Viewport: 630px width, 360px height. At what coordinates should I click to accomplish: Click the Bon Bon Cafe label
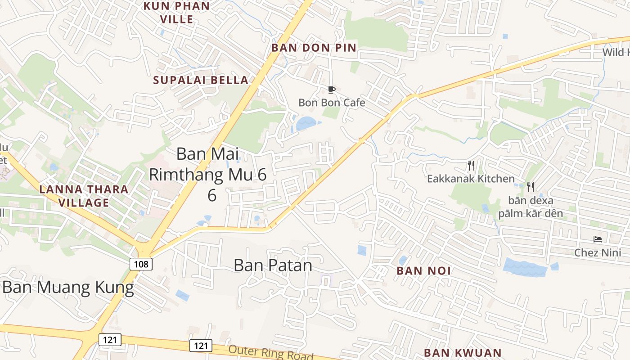pos(332,103)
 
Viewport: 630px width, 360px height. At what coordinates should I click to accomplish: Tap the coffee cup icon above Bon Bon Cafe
pos(332,90)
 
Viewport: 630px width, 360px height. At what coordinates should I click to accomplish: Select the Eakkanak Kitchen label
pos(471,179)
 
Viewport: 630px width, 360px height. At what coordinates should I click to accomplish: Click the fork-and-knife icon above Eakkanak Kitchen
pos(471,166)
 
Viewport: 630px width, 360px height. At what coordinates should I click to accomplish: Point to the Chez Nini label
pos(597,252)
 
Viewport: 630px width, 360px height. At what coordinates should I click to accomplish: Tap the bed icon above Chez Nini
pos(598,239)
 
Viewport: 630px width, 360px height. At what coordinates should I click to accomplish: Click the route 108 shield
pos(141,264)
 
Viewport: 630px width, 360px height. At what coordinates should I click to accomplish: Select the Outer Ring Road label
pos(270,352)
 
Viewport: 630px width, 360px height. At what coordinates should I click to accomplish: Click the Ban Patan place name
pos(273,265)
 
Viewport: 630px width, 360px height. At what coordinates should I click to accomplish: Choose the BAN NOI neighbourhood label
pos(423,270)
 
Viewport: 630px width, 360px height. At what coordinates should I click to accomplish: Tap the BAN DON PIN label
pos(314,48)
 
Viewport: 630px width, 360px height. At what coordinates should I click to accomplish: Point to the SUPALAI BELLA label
pos(201,80)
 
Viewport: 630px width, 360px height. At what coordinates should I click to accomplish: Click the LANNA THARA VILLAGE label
pos(84,195)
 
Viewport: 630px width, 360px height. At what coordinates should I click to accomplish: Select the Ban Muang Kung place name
pos(68,287)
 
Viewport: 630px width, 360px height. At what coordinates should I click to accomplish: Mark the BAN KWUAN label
pos(463,352)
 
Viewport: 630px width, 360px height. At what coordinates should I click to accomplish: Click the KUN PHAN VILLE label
pos(176,13)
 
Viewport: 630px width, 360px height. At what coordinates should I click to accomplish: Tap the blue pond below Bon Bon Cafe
pos(306,123)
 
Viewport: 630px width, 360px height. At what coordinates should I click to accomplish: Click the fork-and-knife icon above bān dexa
pos(531,187)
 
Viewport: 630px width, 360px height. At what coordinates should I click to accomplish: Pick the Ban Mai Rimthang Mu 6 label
pos(207,173)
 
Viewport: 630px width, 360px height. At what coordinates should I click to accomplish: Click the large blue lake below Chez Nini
pos(525,267)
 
